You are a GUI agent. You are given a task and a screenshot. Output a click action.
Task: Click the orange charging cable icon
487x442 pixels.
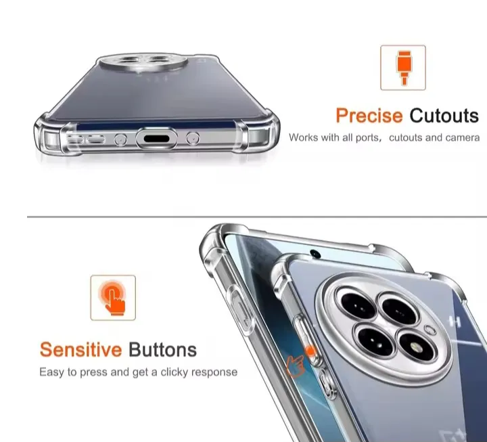[x=403, y=68]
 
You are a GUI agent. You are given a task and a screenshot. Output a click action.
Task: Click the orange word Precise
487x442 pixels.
[x=369, y=116]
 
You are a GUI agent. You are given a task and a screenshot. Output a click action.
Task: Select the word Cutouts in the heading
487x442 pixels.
[x=444, y=116]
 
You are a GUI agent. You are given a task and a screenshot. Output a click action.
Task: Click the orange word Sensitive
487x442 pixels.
[x=80, y=350]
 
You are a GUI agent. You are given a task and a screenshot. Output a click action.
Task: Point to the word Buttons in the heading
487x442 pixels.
[x=163, y=350]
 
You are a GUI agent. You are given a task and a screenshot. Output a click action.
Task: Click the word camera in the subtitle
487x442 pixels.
[x=463, y=137]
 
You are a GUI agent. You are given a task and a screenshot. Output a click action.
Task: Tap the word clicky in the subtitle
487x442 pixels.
[x=175, y=372]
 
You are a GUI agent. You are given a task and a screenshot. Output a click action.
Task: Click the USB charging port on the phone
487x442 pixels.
[x=156, y=138]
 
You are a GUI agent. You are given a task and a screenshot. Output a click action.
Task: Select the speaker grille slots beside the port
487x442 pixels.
[x=87, y=139]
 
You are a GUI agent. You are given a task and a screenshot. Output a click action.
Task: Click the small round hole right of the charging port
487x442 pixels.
[x=193, y=138]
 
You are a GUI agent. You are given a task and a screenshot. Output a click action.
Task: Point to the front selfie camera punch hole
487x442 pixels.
[x=315, y=254]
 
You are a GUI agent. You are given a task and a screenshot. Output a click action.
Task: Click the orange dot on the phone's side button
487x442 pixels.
[x=310, y=351]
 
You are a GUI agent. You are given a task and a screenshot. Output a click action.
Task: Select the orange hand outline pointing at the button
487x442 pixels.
[x=295, y=366]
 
